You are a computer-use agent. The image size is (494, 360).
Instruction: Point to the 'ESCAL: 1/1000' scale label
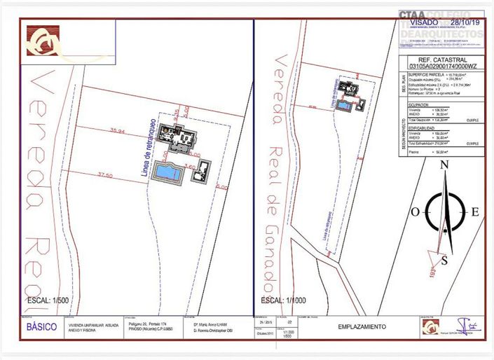pos(287,301)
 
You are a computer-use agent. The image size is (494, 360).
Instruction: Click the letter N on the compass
pos(444,166)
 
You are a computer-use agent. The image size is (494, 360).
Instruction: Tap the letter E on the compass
pos(475,212)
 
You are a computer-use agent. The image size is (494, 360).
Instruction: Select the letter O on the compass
pos(415,212)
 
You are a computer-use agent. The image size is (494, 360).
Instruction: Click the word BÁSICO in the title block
pos(41,327)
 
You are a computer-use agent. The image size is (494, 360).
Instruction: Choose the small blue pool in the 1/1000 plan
pos(344,105)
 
